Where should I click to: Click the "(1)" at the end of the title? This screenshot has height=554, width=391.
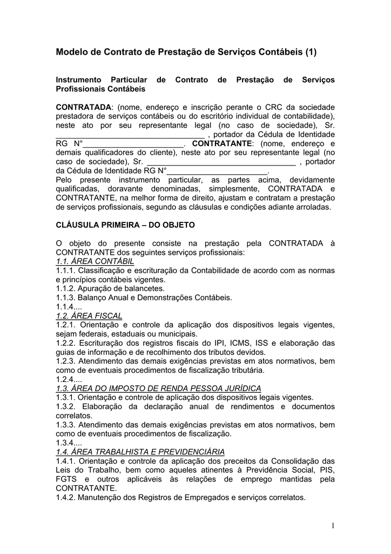click(x=310, y=52)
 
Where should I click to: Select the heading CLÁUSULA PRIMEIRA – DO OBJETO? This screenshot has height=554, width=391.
click(x=125, y=224)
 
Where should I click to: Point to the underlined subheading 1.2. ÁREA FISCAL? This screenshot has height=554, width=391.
click(x=89, y=315)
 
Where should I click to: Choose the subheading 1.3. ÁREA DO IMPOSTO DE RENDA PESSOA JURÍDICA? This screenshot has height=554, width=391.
click(x=159, y=388)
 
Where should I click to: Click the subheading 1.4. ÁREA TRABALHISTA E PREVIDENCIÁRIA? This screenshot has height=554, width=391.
click(x=140, y=452)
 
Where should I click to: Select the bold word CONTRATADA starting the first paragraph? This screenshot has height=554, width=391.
click(x=84, y=107)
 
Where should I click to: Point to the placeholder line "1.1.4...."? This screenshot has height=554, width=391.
click(x=69, y=306)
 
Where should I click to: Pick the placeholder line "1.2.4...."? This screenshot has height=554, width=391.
click(x=69, y=379)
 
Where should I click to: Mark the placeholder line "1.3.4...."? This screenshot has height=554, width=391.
click(x=69, y=443)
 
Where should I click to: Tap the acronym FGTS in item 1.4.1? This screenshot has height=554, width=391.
click(x=68, y=479)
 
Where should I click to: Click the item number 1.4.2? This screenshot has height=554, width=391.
click(x=67, y=498)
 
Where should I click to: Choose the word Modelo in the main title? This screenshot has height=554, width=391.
click(x=72, y=52)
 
